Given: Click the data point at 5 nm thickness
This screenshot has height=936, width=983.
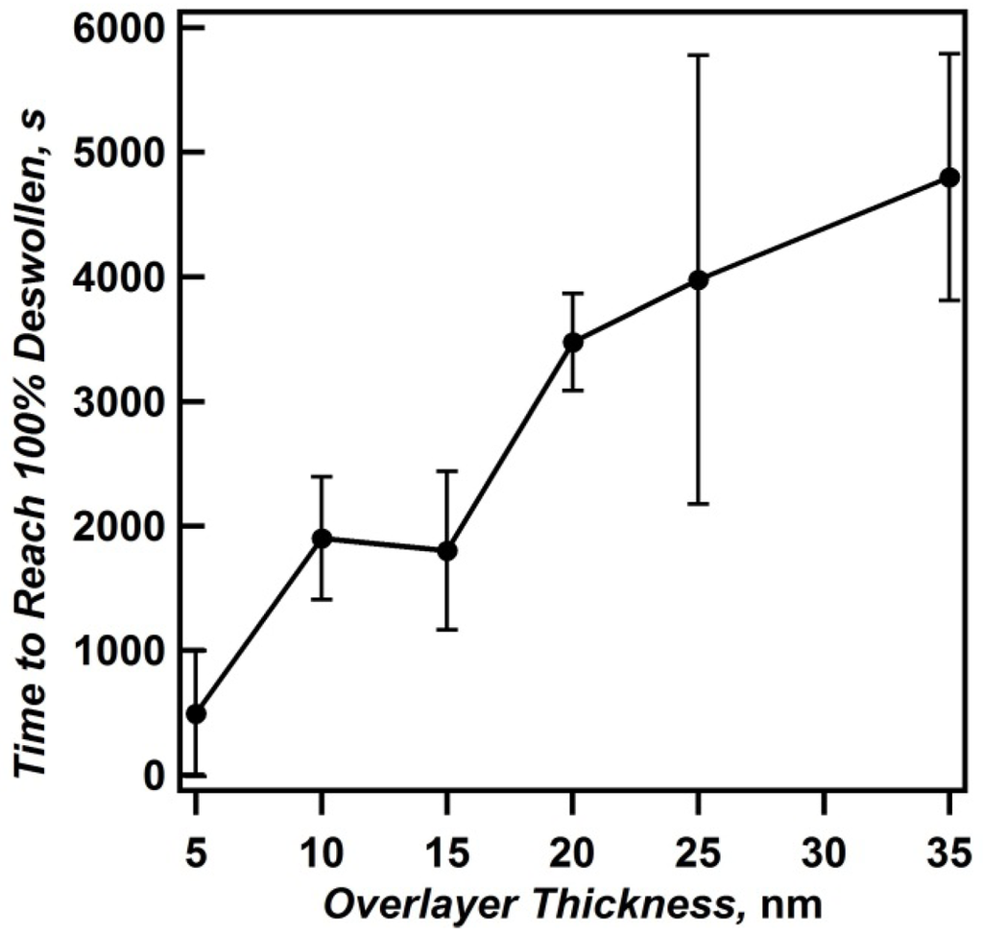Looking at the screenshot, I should click(196, 713).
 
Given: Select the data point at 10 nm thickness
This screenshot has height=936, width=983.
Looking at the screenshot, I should click(322, 538).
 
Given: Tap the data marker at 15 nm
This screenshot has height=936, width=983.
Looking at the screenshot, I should click(447, 550).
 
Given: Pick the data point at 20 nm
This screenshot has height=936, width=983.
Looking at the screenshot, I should click(573, 342).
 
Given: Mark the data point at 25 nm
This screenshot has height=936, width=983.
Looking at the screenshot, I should click(699, 279).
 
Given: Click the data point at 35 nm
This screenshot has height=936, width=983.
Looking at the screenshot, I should click(949, 178).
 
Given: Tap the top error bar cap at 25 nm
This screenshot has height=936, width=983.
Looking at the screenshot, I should click(699, 56).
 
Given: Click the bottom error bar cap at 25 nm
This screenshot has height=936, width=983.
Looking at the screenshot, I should click(699, 504).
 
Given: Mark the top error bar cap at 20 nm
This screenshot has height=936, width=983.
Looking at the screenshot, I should click(573, 293).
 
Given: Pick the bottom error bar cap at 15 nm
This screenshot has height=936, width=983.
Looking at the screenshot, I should click(447, 630).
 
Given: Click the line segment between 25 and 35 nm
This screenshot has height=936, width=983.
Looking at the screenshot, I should click(824, 228).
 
